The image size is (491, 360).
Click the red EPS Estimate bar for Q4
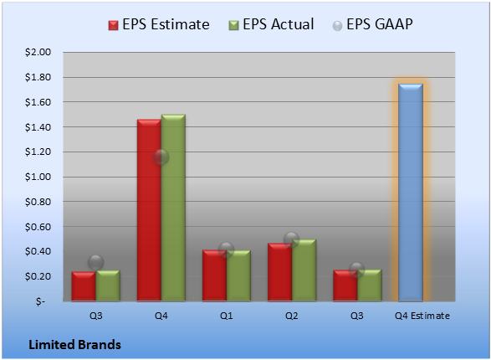coord(149,210)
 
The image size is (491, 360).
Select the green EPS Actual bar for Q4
coord(173,208)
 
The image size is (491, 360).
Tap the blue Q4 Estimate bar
coord(411,193)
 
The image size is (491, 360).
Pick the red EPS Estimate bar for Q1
coord(214,275)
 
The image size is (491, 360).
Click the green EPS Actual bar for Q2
coord(304,270)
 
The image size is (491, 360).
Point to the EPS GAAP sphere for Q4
coord(161,157)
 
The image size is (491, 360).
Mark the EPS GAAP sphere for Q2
coord(292,239)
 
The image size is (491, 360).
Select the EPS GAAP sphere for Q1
coord(226,250)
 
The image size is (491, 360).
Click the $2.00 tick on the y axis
coord(38,52)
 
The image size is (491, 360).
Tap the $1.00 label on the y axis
coord(38,177)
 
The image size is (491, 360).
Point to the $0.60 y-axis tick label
coord(38,227)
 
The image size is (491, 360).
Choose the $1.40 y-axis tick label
coord(38,127)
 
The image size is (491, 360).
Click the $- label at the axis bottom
coord(40,301)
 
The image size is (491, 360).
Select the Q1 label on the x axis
coord(226,316)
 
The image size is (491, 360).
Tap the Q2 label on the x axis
coord(292,316)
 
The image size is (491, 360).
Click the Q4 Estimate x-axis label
coord(422,316)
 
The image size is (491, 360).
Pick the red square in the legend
coord(113,25)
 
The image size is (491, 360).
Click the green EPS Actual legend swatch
coord(233,25)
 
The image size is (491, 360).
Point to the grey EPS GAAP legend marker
coord(337,26)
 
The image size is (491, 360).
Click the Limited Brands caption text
coord(74,345)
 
